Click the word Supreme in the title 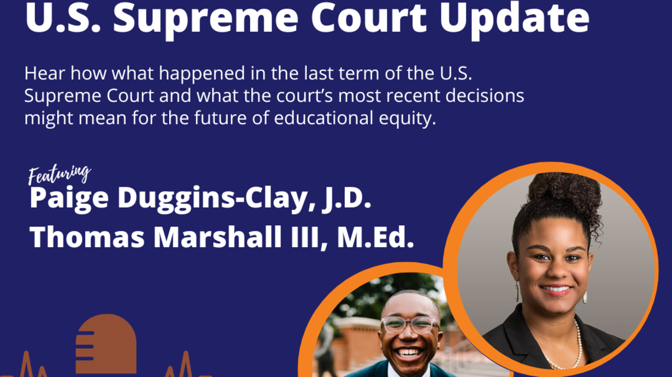(x=206, y=19)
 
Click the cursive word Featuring (x=59, y=175)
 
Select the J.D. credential (x=347, y=198)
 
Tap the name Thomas (x=87, y=236)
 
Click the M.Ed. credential (x=375, y=236)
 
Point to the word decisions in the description (x=485, y=95)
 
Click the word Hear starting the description (x=45, y=74)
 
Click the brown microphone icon (x=106, y=344)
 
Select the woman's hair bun (x=564, y=192)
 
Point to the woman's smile (x=556, y=290)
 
